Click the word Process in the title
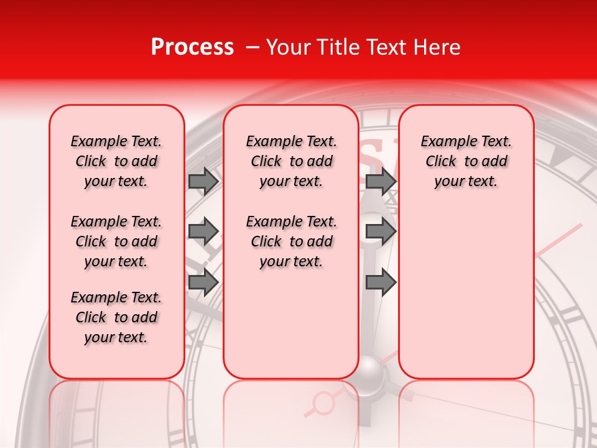tap(192, 47)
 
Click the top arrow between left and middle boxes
tap(203, 181)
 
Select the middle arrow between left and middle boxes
tap(203, 231)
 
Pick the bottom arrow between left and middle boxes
tap(203, 282)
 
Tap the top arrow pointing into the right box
tap(381, 181)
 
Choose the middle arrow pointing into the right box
tap(381, 231)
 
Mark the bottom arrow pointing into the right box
tap(381, 282)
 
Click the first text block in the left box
tap(116, 161)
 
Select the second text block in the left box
tap(116, 241)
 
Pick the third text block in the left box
tap(116, 317)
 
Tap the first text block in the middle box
tap(291, 161)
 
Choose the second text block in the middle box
tap(291, 241)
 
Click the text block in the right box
tap(466, 161)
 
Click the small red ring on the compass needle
tap(323, 403)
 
